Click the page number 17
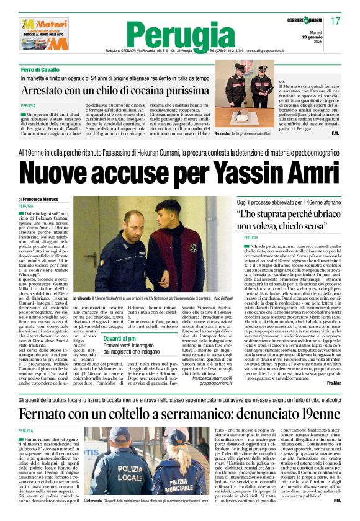click(x=335, y=21)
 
